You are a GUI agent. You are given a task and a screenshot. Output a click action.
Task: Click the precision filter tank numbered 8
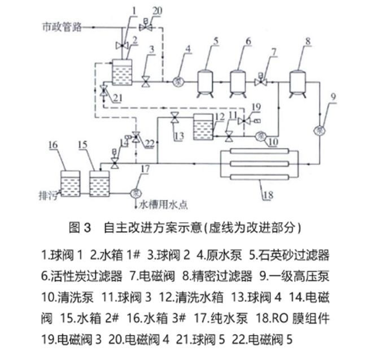[297, 80]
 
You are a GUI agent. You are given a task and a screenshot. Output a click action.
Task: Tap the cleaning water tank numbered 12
[202, 127]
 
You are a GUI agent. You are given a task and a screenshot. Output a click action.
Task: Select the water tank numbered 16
[69, 182]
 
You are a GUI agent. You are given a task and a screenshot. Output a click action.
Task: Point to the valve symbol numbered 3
[146, 81]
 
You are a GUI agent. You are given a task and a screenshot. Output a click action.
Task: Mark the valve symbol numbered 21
[103, 92]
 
